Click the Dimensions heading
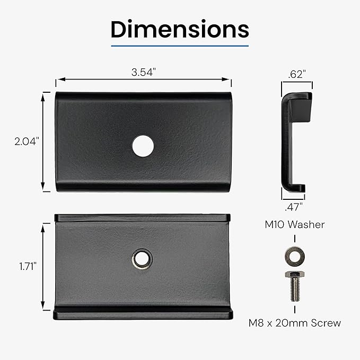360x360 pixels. pos(180,29)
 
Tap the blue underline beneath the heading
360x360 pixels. pos(180,46)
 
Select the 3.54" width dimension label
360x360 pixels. pos(144,72)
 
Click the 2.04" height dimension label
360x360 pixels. pos(27,142)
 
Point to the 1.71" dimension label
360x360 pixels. pos(28,266)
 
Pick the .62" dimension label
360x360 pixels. pos(297,74)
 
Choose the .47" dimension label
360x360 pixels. pos(294,207)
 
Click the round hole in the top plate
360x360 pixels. pos(143,146)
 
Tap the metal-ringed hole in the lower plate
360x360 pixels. pos(142,259)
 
